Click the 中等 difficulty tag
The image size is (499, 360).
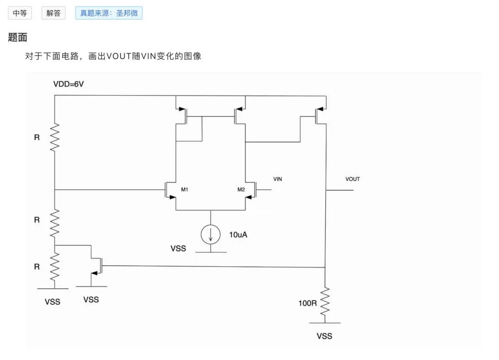(x=20, y=13)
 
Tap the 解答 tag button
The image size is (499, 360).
(x=54, y=13)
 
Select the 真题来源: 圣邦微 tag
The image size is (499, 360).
(x=109, y=13)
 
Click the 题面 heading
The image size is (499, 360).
(x=18, y=37)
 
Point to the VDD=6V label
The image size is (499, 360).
(x=68, y=84)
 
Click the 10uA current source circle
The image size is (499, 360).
(x=211, y=235)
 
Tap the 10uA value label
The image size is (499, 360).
(x=238, y=235)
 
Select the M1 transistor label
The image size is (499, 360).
(x=184, y=189)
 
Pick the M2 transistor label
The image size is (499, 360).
(x=241, y=189)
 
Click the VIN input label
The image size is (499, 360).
(x=278, y=179)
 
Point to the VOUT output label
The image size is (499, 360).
(x=353, y=179)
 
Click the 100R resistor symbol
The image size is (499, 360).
(x=325, y=301)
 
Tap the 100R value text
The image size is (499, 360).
(x=307, y=303)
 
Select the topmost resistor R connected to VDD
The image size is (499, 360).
(x=55, y=138)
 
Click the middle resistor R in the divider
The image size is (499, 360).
(x=55, y=223)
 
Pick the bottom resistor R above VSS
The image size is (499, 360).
(x=55, y=267)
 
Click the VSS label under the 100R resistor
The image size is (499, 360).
(x=324, y=336)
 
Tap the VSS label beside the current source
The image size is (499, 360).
(x=178, y=249)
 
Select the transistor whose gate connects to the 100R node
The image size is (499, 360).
(x=97, y=266)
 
